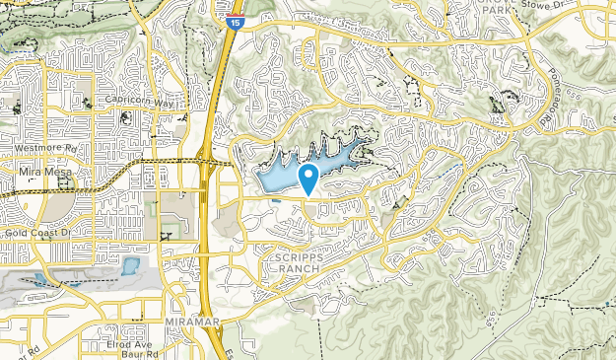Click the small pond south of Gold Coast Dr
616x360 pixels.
coord(129,265)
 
